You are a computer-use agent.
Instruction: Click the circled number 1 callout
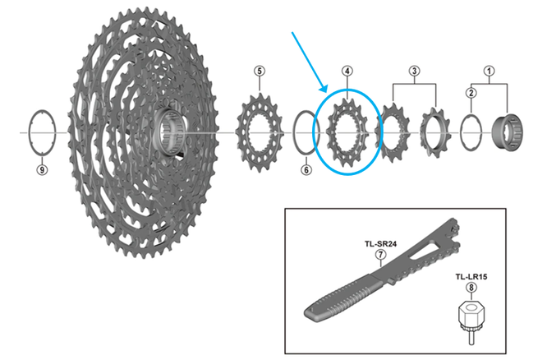pos(490,72)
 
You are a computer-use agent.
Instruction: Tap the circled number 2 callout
pos(471,93)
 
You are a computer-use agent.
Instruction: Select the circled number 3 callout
pos(415,72)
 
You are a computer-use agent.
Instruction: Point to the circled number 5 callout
pos(260,72)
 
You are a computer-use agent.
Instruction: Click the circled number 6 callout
pos(306,170)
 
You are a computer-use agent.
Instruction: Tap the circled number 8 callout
pos(471,288)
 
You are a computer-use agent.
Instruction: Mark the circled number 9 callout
pos(41,170)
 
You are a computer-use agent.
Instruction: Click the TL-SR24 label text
pos(380,244)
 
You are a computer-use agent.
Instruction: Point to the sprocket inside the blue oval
pos(348,132)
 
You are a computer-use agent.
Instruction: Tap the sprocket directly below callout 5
pos(260,132)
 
